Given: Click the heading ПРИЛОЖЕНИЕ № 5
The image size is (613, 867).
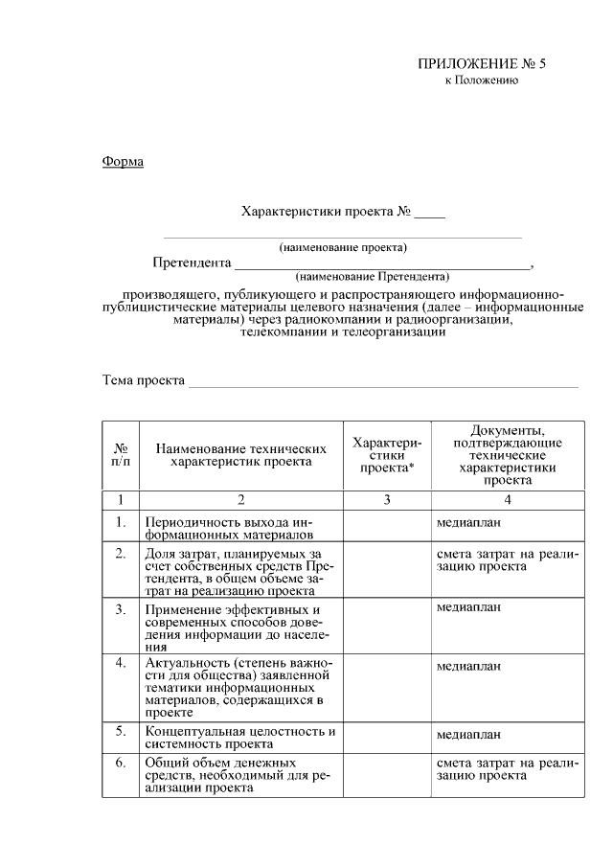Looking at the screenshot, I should click(x=481, y=64).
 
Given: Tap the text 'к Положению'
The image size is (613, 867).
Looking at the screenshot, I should click(x=482, y=80).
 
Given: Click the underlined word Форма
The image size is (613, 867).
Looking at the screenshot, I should click(x=123, y=161).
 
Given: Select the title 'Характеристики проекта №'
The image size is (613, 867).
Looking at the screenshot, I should click(x=327, y=211).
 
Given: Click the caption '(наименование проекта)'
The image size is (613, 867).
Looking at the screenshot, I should click(x=343, y=247).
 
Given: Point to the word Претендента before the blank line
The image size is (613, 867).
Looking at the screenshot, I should click(x=192, y=262).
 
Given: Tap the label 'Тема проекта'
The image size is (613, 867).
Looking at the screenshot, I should click(x=144, y=380).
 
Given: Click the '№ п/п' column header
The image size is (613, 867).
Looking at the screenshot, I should click(x=121, y=455).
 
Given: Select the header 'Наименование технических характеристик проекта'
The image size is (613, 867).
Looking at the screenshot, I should click(x=240, y=455).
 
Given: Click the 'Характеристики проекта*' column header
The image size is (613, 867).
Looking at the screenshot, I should click(x=386, y=455).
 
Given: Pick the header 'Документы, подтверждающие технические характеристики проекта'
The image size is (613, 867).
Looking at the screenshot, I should click(x=507, y=455).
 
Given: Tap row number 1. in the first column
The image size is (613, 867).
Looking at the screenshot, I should click(x=121, y=522).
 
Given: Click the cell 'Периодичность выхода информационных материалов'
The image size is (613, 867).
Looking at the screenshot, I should click(x=227, y=529).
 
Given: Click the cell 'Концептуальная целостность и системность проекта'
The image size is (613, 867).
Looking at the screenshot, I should click(x=239, y=737).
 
